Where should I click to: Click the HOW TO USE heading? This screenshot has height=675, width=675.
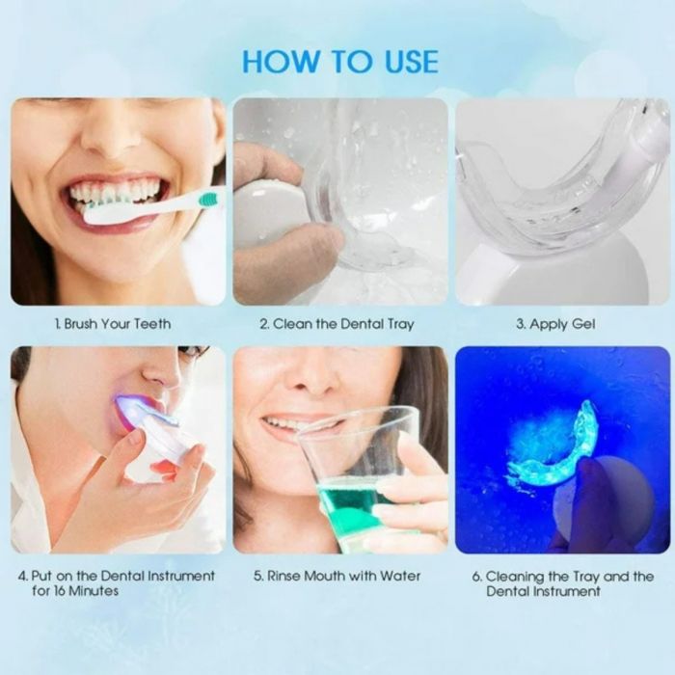(340, 62)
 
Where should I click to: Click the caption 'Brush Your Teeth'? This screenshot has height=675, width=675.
(118, 324)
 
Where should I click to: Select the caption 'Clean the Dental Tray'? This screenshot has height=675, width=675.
(343, 324)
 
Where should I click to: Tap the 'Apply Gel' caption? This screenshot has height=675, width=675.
(562, 324)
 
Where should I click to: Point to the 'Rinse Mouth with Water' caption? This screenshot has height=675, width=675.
(343, 576)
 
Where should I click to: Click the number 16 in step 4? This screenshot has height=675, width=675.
(60, 590)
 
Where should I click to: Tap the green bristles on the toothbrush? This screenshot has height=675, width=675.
(207, 199)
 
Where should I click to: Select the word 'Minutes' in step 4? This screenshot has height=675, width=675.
(93, 590)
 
